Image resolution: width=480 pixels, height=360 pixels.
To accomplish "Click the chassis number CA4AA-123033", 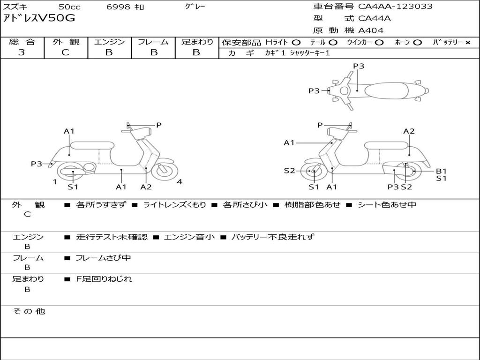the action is coord(395,7).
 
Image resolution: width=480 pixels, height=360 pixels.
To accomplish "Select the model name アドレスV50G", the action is coord(39,19).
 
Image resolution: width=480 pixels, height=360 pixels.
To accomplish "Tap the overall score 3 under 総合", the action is coord(22,52).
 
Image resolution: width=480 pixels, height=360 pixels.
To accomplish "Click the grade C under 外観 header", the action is coord(66,52).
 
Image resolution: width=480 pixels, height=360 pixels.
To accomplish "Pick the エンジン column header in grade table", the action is coord(109,42).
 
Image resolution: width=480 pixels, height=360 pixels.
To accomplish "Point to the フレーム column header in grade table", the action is coord(153,42).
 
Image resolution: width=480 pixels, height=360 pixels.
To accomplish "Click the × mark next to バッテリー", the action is coord(468,42).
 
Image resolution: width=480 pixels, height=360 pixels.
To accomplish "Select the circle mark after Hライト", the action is coord(296,42).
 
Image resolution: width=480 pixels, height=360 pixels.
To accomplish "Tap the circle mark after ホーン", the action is coord(417,42).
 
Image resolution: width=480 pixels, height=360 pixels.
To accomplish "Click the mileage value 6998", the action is coord(118,7).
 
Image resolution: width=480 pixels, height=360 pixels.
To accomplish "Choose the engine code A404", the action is coord(371,30).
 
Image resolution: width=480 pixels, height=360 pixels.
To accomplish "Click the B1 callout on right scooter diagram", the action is coord(442,171).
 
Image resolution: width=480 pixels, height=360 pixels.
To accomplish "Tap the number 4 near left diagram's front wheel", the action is coord(180,182).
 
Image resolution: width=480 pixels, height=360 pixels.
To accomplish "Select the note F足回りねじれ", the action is coord(104,279).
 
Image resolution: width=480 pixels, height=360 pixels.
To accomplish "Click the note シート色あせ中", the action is coord(387,204).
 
